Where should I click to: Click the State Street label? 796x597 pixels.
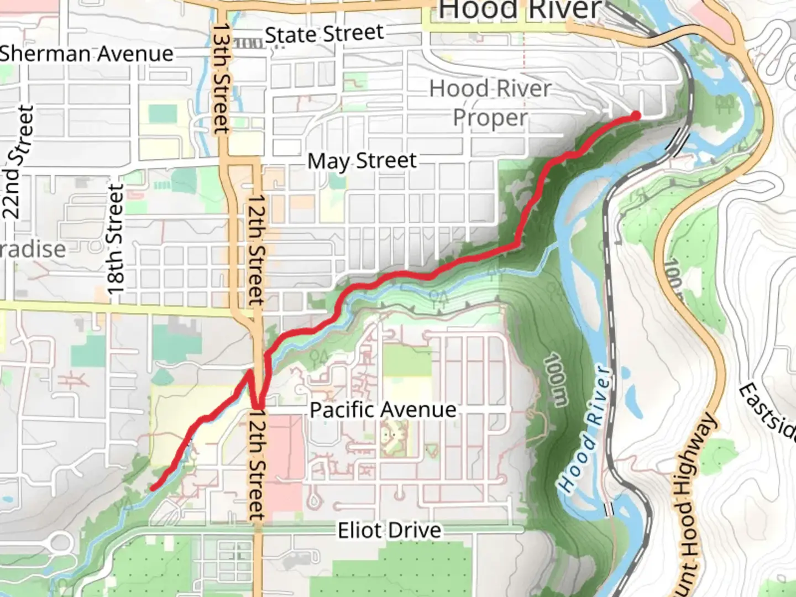[324, 34]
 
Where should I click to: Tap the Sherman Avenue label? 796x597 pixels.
[86, 54]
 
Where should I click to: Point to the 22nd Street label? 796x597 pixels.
[18, 161]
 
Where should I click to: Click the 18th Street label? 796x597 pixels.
[115, 239]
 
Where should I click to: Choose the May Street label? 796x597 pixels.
[362, 161]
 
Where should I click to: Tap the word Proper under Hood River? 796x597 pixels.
[490, 118]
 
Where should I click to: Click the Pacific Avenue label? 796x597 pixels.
[383, 410]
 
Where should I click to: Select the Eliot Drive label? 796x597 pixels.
[390, 531]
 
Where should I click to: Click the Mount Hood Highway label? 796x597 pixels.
[693, 503]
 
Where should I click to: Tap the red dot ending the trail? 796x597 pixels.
[636, 115]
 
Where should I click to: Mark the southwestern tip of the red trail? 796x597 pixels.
[153, 488]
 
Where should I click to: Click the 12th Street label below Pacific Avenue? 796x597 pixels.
[256, 464]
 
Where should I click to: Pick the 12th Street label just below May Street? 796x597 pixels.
[255, 249]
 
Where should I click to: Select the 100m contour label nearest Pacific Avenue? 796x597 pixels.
[555, 380]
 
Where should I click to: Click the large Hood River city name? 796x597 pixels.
[520, 10]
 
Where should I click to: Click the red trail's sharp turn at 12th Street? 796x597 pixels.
[258, 408]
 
